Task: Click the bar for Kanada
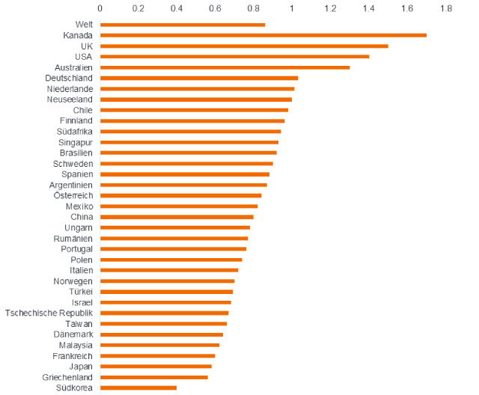263,35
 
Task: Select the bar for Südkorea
138,388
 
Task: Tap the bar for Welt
183,25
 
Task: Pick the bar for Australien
225,67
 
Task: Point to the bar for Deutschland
199,78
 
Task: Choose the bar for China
177,217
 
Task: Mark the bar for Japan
156,367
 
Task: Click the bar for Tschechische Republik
164,313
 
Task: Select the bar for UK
244,46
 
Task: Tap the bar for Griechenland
153,377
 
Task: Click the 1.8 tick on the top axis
446,8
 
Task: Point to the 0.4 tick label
177,8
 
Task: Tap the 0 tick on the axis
100,8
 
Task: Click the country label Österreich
73,195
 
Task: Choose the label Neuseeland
70,99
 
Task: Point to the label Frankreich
73,356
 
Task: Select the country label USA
83,57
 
